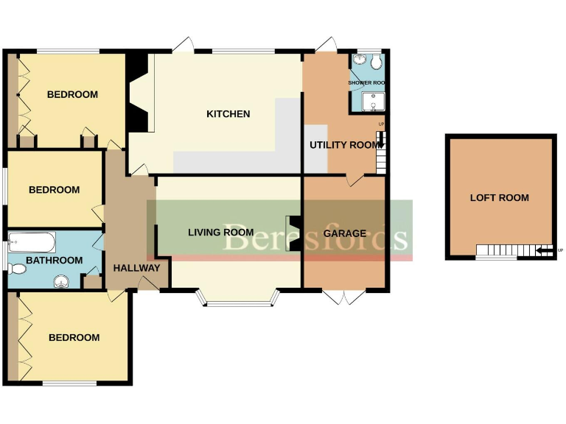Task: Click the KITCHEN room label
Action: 228,114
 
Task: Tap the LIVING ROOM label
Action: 220,233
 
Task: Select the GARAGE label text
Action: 345,233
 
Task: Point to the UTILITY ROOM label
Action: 346,145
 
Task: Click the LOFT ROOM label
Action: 500,198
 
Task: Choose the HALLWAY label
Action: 136,268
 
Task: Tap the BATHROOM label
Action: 54,261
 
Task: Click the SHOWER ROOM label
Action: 368,83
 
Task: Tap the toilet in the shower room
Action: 377,60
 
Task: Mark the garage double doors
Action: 343,297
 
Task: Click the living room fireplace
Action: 293,233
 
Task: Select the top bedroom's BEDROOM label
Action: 72,94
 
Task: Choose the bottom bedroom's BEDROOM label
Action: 74,338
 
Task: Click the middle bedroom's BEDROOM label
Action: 54,190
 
